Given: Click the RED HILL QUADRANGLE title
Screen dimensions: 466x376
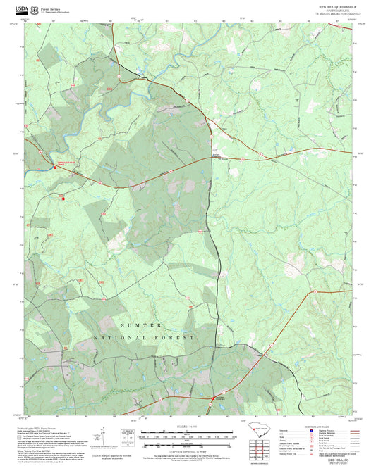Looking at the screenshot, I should pos(335,6).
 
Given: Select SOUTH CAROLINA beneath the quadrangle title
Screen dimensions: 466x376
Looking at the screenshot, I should pos(335,10).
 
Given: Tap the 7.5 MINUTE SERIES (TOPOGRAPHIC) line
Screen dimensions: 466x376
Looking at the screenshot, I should pos(335,13).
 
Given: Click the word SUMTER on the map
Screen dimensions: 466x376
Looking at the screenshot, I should pos(142,325).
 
